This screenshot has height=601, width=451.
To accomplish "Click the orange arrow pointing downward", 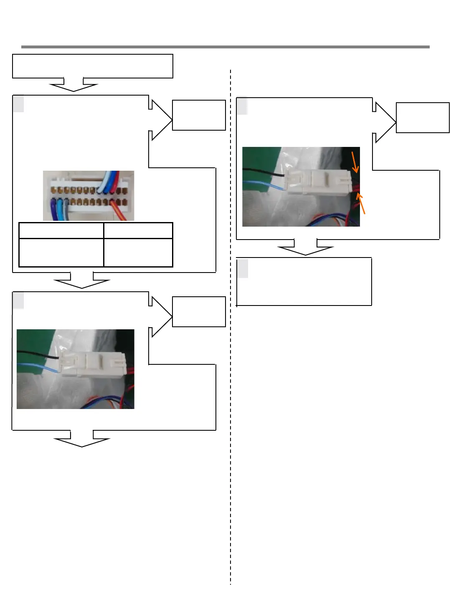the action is pyautogui.click(x=355, y=162).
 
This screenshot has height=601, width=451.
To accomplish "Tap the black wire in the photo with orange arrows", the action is pyautogui.click(x=263, y=170).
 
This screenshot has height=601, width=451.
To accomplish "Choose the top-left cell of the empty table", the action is pyautogui.click(x=61, y=230).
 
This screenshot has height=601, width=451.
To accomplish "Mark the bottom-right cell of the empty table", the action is pyautogui.click(x=138, y=252).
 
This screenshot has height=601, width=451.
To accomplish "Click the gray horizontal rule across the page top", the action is pyautogui.click(x=225, y=47).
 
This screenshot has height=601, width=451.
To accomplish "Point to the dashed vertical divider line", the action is pyautogui.click(x=231, y=376).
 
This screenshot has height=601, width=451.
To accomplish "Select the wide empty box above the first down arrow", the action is pyautogui.click(x=93, y=66).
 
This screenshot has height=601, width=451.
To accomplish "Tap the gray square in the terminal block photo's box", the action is pyautogui.click(x=18, y=104).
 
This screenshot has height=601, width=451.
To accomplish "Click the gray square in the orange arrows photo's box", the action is pyautogui.click(x=242, y=106).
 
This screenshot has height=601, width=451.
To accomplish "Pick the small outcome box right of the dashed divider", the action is pyautogui.click(x=423, y=118).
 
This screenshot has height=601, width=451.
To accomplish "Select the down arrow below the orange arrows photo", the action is pyautogui.click(x=306, y=247).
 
